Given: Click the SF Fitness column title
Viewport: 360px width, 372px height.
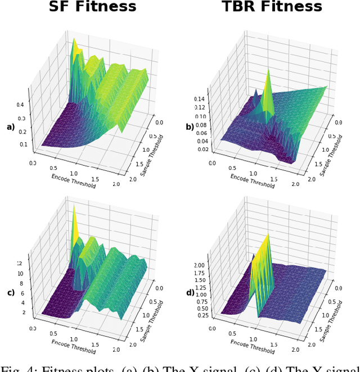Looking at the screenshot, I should (92, 7).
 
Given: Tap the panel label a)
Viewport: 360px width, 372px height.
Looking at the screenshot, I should (10, 127).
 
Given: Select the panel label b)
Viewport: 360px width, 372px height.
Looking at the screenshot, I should (190, 127).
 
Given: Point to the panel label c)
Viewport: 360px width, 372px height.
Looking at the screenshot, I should (10, 292).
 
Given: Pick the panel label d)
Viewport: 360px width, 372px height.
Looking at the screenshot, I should (190, 292).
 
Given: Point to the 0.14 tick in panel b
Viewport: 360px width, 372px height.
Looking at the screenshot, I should (200, 97).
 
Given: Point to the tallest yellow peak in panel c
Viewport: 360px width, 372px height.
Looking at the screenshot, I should (73, 206).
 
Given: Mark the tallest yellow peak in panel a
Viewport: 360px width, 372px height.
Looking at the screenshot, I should (73, 39).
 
